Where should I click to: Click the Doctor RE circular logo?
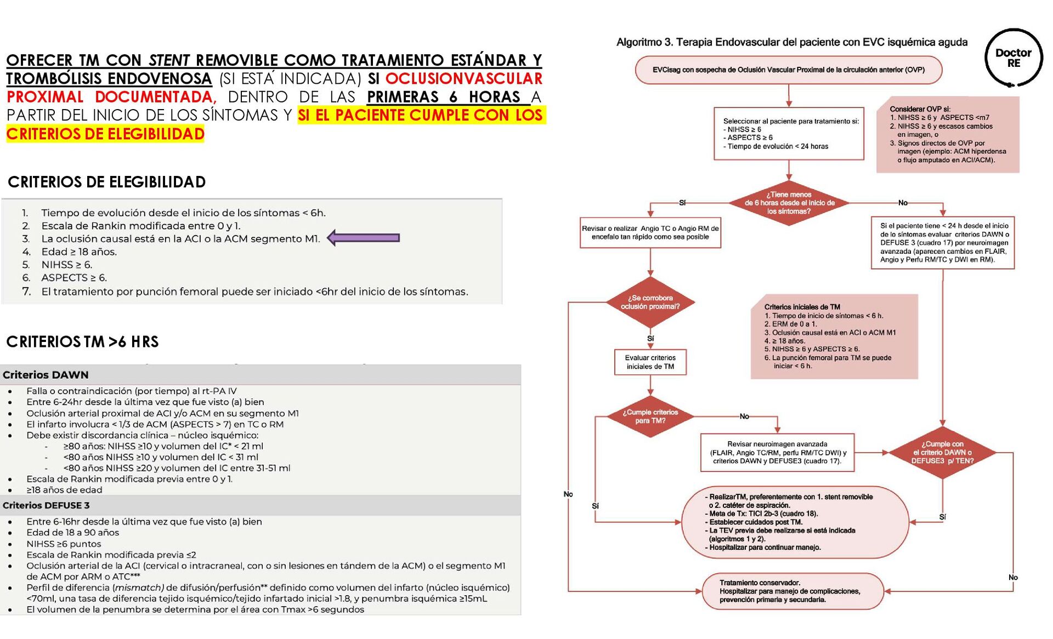(x=1013, y=58)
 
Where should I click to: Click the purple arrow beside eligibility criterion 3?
(x=364, y=238)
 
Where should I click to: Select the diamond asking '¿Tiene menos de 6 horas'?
(x=789, y=203)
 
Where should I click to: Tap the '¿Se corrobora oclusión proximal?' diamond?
(x=650, y=302)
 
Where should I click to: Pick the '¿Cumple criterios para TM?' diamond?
(x=650, y=417)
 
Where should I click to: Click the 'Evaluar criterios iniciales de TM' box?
(x=650, y=362)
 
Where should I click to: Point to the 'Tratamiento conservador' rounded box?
(x=792, y=591)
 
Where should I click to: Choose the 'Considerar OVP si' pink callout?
(x=947, y=135)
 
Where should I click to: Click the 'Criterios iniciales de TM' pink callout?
(x=834, y=336)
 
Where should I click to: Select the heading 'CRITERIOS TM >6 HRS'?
(x=82, y=342)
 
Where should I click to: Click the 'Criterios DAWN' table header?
(x=46, y=375)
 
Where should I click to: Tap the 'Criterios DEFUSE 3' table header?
(x=46, y=505)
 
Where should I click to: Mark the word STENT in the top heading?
(x=169, y=60)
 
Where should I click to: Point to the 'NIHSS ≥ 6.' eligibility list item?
(x=66, y=265)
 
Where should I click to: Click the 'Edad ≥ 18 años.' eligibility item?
(x=79, y=252)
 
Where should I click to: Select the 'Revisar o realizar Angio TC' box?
(x=650, y=233)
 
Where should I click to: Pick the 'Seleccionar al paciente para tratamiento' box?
(x=789, y=134)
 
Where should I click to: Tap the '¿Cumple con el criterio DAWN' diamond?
(x=942, y=453)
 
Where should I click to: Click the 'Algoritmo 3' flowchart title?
(x=791, y=42)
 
